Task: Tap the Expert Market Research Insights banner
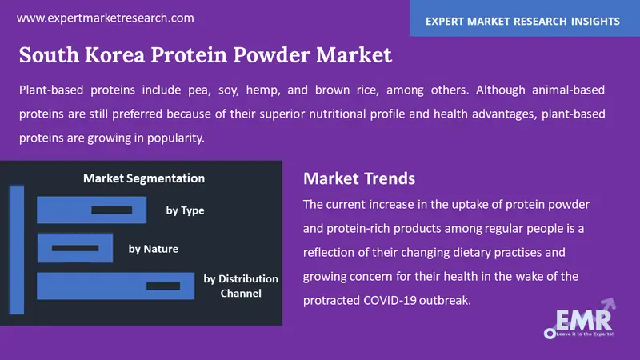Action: (525, 18)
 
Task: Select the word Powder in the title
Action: (274, 56)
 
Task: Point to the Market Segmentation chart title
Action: (144, 178)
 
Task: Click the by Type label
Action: (185, 210)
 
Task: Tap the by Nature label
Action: (154, 249)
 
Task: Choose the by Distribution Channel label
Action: (241, 286)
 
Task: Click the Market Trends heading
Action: (359, 178)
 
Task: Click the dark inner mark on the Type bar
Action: (116, 210)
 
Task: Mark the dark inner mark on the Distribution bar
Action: (163, 286)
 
